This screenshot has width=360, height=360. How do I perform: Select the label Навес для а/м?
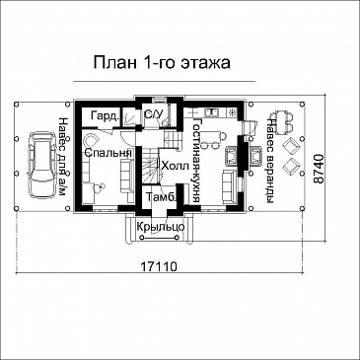pos(61,159)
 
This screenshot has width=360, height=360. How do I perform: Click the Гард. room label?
pos(104,117)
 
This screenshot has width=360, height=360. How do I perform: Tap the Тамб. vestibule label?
pos(160,198)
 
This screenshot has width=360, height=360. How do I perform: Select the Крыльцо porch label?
pos(159,227)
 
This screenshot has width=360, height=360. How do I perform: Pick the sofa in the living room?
pos(228,184)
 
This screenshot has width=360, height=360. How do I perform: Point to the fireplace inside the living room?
pos(233,156)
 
